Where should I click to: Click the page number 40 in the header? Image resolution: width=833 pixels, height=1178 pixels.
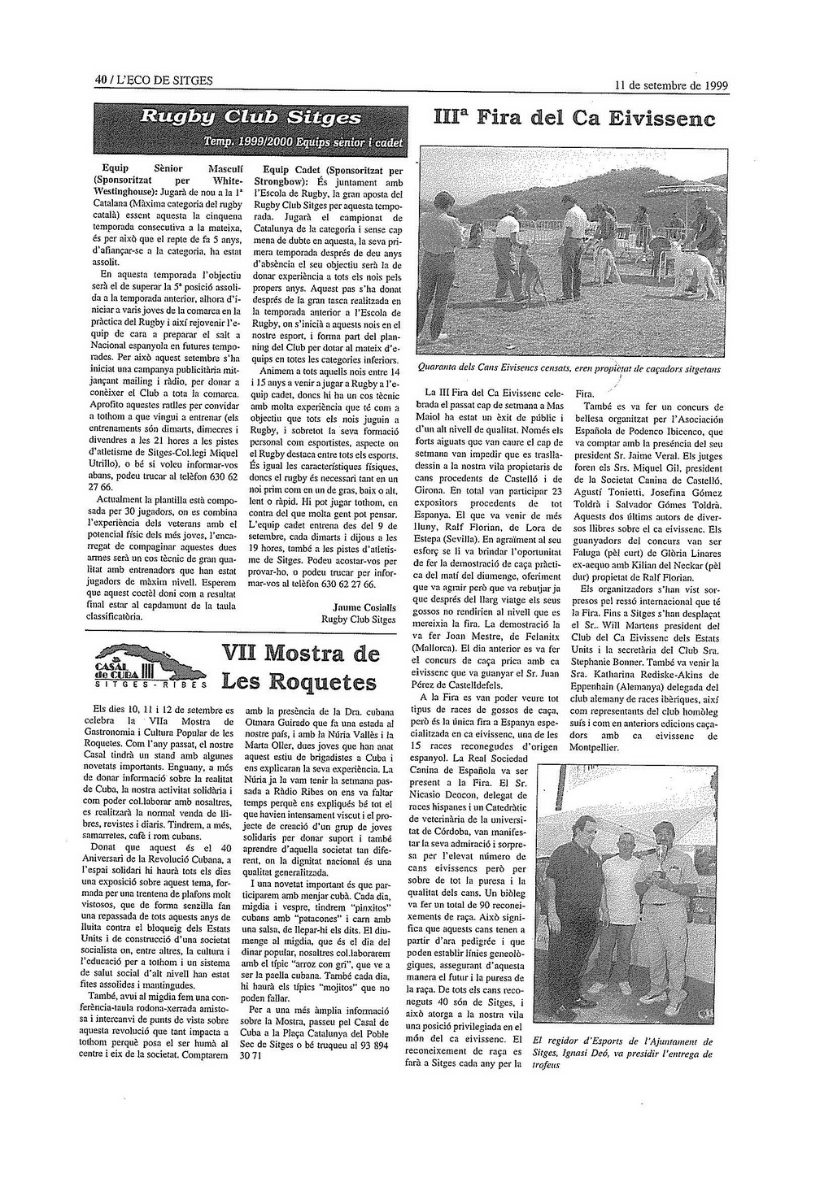100,80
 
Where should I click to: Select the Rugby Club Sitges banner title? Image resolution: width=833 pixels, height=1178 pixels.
251,115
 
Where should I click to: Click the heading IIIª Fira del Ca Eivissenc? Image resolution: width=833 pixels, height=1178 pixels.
572,120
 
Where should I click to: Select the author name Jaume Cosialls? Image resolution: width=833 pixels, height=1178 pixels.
364,606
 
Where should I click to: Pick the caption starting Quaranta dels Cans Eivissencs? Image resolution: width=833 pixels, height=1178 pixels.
569,368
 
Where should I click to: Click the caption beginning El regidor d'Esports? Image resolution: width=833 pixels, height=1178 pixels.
622,1053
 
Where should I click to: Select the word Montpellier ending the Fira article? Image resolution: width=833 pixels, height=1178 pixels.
594,747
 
